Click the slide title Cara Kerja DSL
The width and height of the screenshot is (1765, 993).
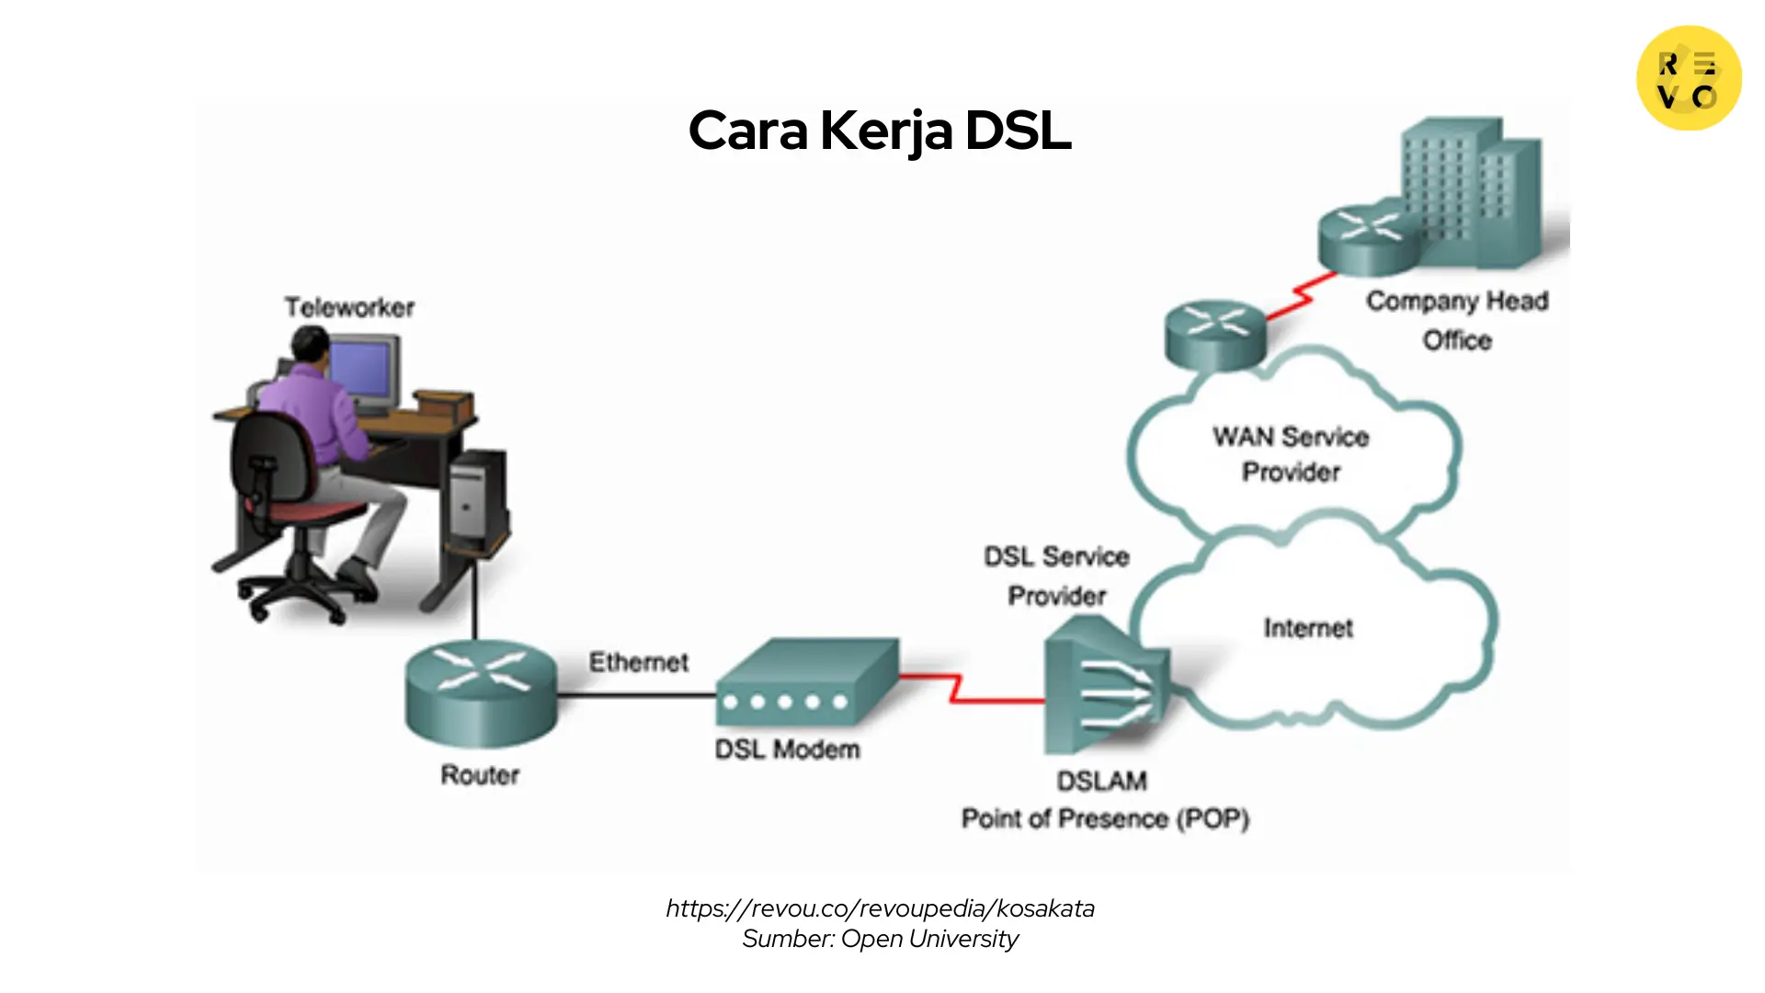(x=880, y=131)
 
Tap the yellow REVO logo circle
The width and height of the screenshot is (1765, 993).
(x=1689, y=78)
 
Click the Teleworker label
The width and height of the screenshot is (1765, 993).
(x=349, y=307)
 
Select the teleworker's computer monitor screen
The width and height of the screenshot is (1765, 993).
(x=364, y=370)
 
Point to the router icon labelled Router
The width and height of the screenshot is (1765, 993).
(x=481, y=691)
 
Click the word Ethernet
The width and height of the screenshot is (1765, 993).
(x=638, y=662)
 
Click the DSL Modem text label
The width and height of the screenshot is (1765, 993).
(x=787, y=749)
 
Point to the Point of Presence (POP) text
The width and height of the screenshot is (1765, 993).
(x=1105, y=818)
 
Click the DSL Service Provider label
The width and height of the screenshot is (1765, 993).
(x=1056, y=576)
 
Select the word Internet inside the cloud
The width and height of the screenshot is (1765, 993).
(x=1307, y=628)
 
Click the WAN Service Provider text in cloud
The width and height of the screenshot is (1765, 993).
(x=1291, y=454)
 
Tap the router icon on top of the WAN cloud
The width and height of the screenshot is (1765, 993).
(x=1215, y=335)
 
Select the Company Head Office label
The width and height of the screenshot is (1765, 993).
(x=1457, y=320)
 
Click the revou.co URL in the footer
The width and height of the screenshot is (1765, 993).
(x=880, y=908)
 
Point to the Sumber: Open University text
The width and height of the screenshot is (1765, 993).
(x=880, y=939)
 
